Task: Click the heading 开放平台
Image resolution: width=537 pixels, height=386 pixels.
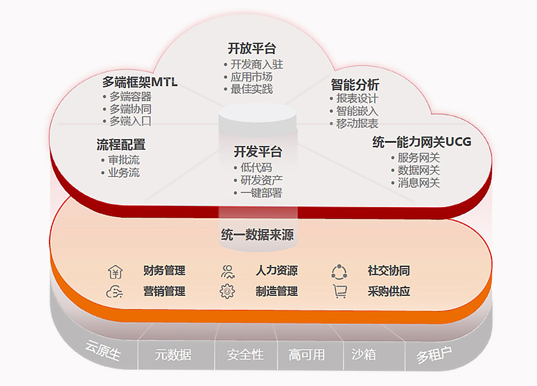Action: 251,48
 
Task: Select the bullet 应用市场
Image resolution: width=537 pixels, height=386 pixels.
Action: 251,77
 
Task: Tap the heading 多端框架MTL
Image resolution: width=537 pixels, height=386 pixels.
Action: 140,82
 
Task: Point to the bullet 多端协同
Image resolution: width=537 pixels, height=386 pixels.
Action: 130,109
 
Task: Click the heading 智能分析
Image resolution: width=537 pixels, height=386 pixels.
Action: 355,84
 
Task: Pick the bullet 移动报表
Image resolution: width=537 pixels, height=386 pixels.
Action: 357,124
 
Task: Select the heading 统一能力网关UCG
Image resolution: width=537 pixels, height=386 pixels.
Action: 422,142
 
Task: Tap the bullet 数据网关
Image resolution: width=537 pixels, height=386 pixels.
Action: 419,170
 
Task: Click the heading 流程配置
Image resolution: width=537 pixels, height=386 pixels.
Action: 121,145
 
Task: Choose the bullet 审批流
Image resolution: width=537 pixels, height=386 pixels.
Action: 124,160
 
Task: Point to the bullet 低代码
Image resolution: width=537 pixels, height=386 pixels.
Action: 256,167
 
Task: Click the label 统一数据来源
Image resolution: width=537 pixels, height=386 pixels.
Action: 257,235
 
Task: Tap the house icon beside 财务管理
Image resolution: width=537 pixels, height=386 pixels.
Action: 115,271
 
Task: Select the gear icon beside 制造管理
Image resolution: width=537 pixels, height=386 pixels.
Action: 227,291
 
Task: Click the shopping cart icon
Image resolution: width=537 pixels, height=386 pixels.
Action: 340,291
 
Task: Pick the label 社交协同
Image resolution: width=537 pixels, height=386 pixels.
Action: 388,271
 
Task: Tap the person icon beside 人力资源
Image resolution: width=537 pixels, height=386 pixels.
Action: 228,271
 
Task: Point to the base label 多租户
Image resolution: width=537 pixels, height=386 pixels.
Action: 434,355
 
